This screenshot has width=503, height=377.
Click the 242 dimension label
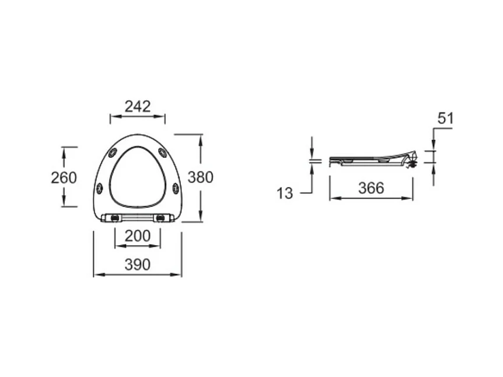pos(138,107)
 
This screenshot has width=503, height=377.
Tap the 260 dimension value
pos(64,178)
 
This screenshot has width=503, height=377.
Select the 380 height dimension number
pos(201,177)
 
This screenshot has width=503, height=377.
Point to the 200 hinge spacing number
pos(138,236)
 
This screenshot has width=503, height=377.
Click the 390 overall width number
pos(138,265)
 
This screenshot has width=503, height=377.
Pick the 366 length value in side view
pos(371,188)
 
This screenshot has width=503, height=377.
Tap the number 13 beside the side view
pos(285,193)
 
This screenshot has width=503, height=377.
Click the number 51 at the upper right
pos(446,118)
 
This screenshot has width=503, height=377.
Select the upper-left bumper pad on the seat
pos(113,153)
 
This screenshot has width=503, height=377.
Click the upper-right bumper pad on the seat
pos(163,153)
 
